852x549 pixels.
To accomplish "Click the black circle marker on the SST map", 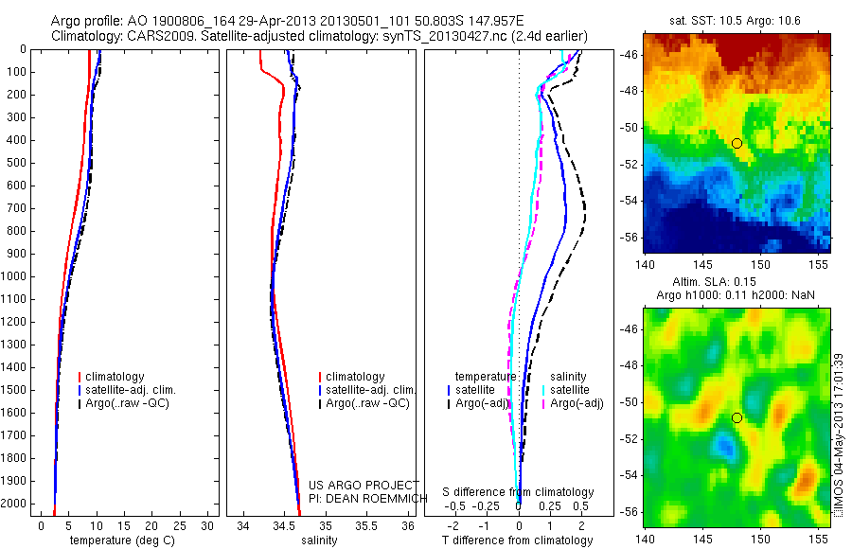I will coord(737,143).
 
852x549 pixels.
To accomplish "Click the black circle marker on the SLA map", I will coord(737,417).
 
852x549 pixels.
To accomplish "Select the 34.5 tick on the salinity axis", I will coord(285,524).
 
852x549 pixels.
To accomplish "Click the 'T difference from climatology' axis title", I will coord(518,540).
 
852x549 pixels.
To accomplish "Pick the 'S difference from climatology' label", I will coord(519,493).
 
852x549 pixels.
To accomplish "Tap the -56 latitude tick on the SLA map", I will coord(630,511).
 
